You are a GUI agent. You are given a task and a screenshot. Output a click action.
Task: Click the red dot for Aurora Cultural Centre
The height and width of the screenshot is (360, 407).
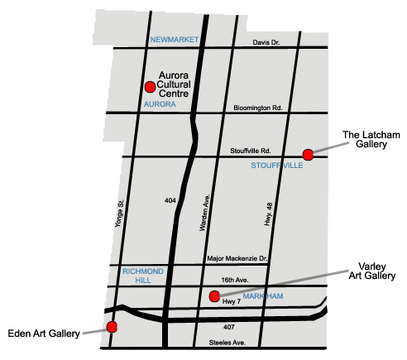tap(150, 86)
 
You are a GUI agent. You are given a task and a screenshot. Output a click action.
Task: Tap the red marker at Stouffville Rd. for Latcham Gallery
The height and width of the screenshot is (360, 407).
tap(308, 154)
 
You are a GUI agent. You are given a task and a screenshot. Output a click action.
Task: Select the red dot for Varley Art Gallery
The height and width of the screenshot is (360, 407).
tap(214, 295)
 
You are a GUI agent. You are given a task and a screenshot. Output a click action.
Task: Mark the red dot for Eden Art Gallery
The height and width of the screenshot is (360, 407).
tap(112, 327)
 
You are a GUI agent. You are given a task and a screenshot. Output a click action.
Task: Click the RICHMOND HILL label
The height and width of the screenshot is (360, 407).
tap(143, 276)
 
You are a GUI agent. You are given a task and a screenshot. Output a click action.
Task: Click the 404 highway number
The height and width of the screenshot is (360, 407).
tap(170, 200)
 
